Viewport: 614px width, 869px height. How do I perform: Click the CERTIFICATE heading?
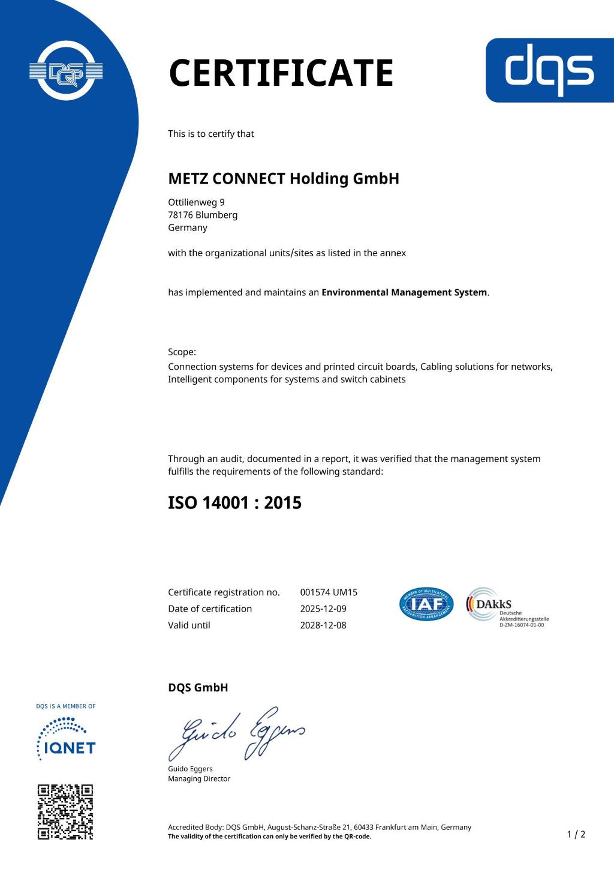click(281, 73)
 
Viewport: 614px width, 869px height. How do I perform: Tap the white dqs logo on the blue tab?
click(549, 70)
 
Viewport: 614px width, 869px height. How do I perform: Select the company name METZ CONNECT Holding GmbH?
click(283, 179)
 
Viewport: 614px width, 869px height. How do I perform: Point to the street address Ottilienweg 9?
click(196, 202)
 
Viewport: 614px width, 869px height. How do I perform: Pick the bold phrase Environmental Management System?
click(404, 292)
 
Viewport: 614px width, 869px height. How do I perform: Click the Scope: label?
click(182, 352)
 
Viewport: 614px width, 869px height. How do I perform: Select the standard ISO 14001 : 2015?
click(234, 502)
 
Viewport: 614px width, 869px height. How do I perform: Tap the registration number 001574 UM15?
click(329, 592)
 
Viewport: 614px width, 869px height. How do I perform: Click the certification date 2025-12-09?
click(323, 609)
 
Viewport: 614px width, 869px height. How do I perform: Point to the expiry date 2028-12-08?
click(323, 625)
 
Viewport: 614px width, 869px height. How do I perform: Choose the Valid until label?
click(189, 625)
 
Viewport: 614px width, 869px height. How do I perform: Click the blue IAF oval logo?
click(426, 604)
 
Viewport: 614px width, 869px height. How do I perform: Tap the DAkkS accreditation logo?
click(507, 607)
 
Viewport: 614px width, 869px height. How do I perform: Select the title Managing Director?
click(199, 779)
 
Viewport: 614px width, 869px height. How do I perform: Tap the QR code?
click(65, 812)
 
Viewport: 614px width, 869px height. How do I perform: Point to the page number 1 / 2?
click(576, 834)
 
